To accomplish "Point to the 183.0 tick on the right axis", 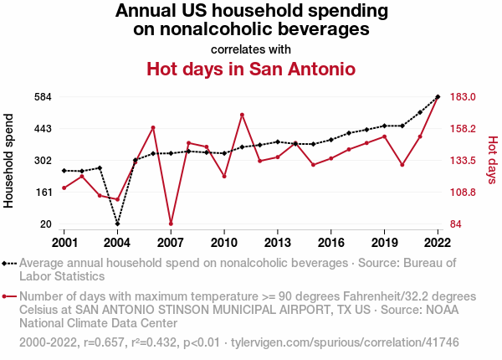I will (463, 97).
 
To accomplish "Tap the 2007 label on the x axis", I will (171, 243).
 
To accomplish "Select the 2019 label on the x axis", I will (384, 243).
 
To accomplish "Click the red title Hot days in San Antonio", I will (251, 69).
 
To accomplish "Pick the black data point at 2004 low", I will (117, 224).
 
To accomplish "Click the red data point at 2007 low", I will (171, 224).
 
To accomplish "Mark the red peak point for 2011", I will (242, 115).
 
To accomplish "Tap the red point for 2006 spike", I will (153, 127).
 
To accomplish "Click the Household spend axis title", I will (9, 161).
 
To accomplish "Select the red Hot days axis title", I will (492, 161).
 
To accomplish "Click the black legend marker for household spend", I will (9, 263).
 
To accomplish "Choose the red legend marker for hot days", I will (9, 296).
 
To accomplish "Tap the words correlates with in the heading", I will (251, 49).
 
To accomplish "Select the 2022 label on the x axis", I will (438, 243).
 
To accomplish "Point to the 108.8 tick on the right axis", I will (463, 193).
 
